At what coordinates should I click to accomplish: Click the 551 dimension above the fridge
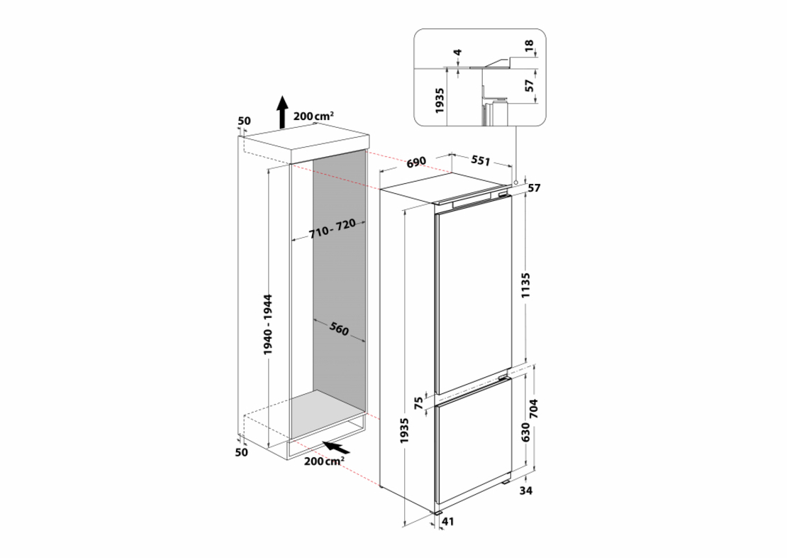point(481,162)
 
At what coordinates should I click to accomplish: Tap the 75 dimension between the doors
point(418,403)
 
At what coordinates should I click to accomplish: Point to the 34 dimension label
point(525,491)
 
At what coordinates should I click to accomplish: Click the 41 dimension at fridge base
point(447,522)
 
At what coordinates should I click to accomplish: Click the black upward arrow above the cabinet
point(282,112)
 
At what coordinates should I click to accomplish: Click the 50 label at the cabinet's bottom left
point(241,452)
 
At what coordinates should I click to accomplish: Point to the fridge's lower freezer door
point(474,445)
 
